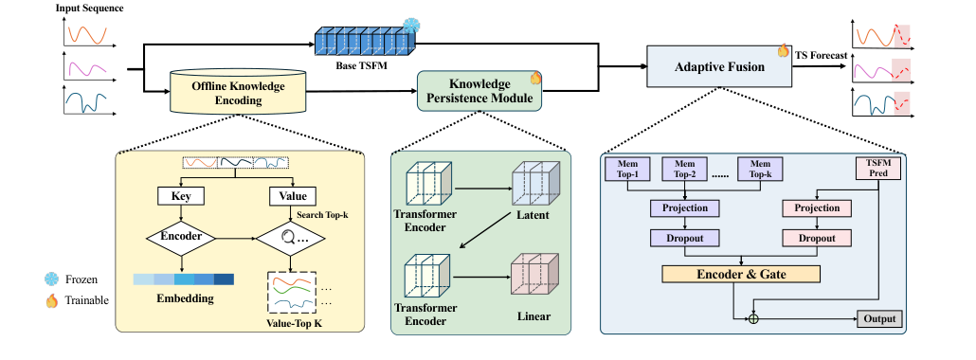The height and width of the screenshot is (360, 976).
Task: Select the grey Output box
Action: [877, 319]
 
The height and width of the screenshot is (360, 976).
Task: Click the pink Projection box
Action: [817, 207]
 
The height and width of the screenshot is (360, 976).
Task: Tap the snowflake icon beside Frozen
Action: [50, 279]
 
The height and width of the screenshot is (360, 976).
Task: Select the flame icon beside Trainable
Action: [50, 299]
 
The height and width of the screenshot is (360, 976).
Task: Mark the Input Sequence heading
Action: [90, 9]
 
